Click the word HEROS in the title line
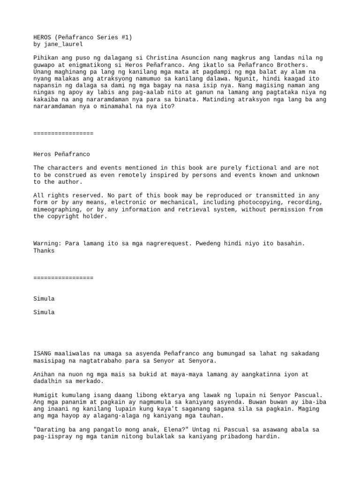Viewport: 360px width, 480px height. (43, 37)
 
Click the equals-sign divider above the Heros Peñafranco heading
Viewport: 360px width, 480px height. (63, 134)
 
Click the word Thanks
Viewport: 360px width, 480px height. (44, 251)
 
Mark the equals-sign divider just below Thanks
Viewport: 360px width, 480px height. (63, 278)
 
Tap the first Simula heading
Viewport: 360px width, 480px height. (44, 299)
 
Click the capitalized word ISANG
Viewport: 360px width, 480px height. (43, 354)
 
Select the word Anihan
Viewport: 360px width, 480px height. (44, 375)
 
